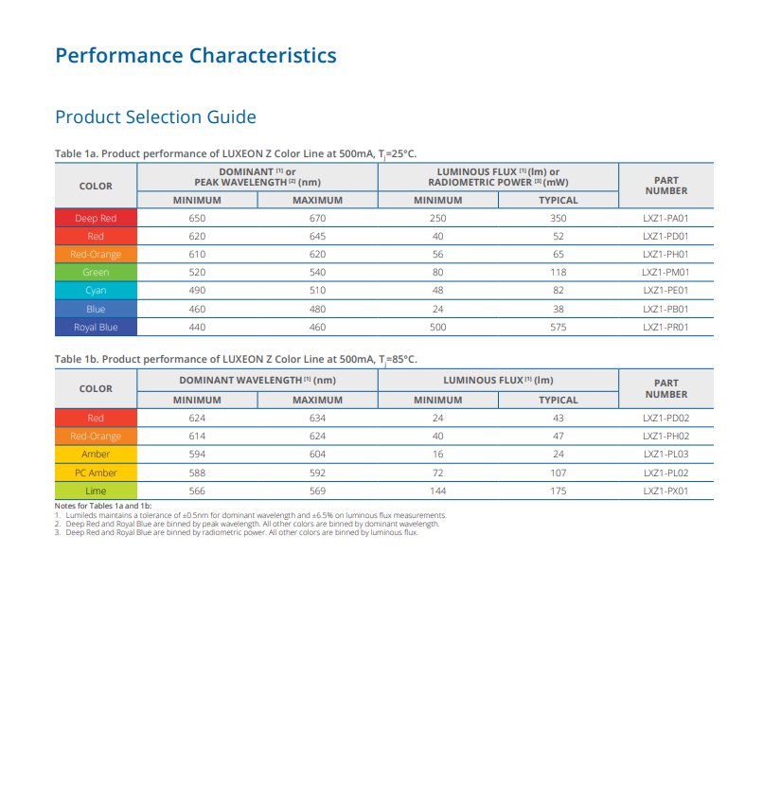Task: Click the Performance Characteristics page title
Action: tap(196, 56)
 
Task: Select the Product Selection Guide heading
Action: tap(156, 117)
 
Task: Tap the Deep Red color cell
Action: tap(96, 218)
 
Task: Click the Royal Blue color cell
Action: tap(96, 327)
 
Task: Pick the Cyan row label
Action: tap(96, 290)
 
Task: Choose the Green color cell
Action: tap(96, 272)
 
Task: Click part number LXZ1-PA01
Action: tap(665, 218)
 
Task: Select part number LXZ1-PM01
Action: tap(665, 272)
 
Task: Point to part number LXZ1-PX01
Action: tap(665, 491)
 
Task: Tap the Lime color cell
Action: tap(96, 491)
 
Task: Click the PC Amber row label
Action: tap(96, 473)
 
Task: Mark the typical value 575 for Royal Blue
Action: tap(559, 327)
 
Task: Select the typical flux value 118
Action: tap(559, 272)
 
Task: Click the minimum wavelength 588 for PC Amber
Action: tap(197, 473)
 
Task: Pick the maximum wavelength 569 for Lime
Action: tap(318, 491)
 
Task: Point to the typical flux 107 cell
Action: tap(559, 473)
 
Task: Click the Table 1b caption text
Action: tap(236, 360)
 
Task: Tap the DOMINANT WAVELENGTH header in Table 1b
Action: tap(257, 381)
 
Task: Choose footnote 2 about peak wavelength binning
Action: tap(247, 524)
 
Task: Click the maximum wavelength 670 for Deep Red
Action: tap(318, 218)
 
